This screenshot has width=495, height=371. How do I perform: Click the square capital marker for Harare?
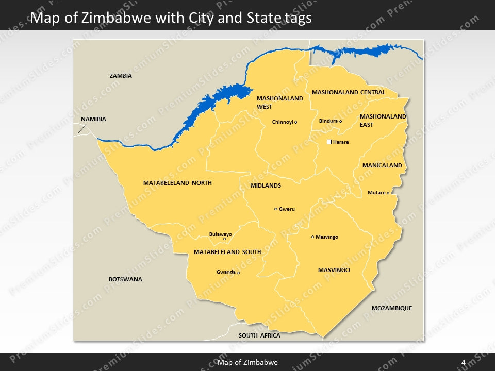tap(329, 142)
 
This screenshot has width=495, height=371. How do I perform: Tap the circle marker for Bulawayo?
tap(224, 239)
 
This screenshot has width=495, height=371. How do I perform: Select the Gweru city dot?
tap(276, 209)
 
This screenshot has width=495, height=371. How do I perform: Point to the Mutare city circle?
tap(388, 193)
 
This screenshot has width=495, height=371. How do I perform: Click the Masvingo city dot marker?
tap(312, 237)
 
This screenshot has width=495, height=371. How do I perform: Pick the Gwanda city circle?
tap(238, 273)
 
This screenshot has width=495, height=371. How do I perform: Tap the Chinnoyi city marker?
tap(296, 122)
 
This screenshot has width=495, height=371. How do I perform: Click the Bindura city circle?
tap(340, 121)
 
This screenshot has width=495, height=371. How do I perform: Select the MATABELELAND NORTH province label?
tap(177, 183)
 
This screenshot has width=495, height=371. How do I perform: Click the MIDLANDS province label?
tap(266, 185)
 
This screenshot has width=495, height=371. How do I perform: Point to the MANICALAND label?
tap(382, 166)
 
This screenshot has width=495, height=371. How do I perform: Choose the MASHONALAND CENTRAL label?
tap(348, 93)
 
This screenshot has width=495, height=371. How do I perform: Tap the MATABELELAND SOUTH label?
tap(227, 252)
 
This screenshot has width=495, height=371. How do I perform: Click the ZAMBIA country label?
tap(121, 76)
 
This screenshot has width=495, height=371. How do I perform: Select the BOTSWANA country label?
tap(125, 279)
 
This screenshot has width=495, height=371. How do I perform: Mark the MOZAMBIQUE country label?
tap(392, 308)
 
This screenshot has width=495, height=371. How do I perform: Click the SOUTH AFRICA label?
tap(259, 335)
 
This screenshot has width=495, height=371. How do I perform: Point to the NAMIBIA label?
tap(93, 119)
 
